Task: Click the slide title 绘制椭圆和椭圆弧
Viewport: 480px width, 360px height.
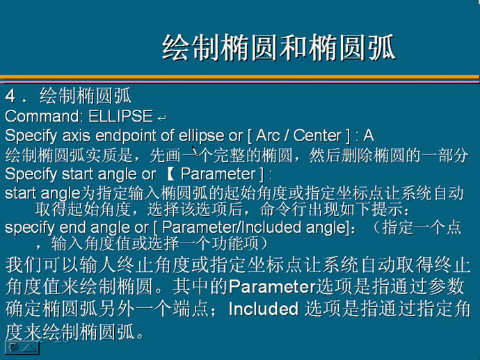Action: point(278,47)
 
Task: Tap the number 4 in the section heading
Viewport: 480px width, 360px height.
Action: point(10,96)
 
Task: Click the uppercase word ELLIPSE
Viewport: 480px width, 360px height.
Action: point(120,116)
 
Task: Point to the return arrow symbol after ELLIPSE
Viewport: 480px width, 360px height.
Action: point(162,117)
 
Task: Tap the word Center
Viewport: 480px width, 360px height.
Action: point(317,136)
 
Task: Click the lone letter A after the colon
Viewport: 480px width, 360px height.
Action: point(368,136)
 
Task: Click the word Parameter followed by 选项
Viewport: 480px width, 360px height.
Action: point(272,287)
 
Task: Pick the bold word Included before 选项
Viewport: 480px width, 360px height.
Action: point(264,309)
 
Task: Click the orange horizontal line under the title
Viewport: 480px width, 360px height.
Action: point(240,76)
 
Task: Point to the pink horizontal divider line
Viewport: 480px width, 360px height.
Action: point(240,82)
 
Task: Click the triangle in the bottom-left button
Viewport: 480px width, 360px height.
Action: point(29,347)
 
